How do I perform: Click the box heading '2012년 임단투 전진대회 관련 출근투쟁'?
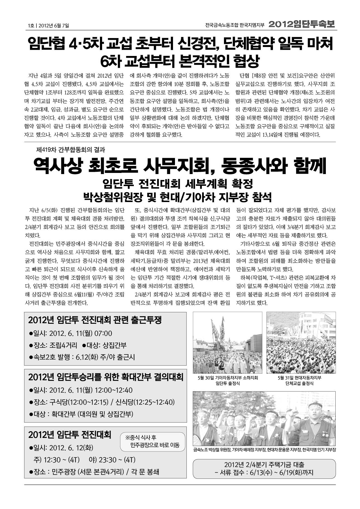pyautogui.click(x=95, y=320)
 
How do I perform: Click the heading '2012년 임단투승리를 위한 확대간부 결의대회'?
pyautogui.click(x=106, y=377)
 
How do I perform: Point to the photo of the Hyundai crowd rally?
pyautogui.click(x=301, y=343)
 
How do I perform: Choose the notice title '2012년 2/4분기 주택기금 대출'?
pyautogui.click(x=264, y=465)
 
